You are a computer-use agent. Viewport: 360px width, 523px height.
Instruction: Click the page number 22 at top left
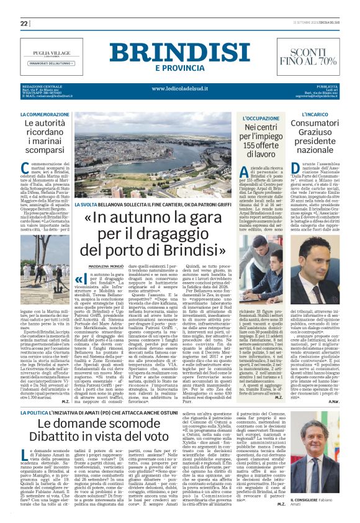tap(24, 23)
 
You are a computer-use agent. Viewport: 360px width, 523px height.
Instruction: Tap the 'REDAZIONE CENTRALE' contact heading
tap(40, 86)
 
